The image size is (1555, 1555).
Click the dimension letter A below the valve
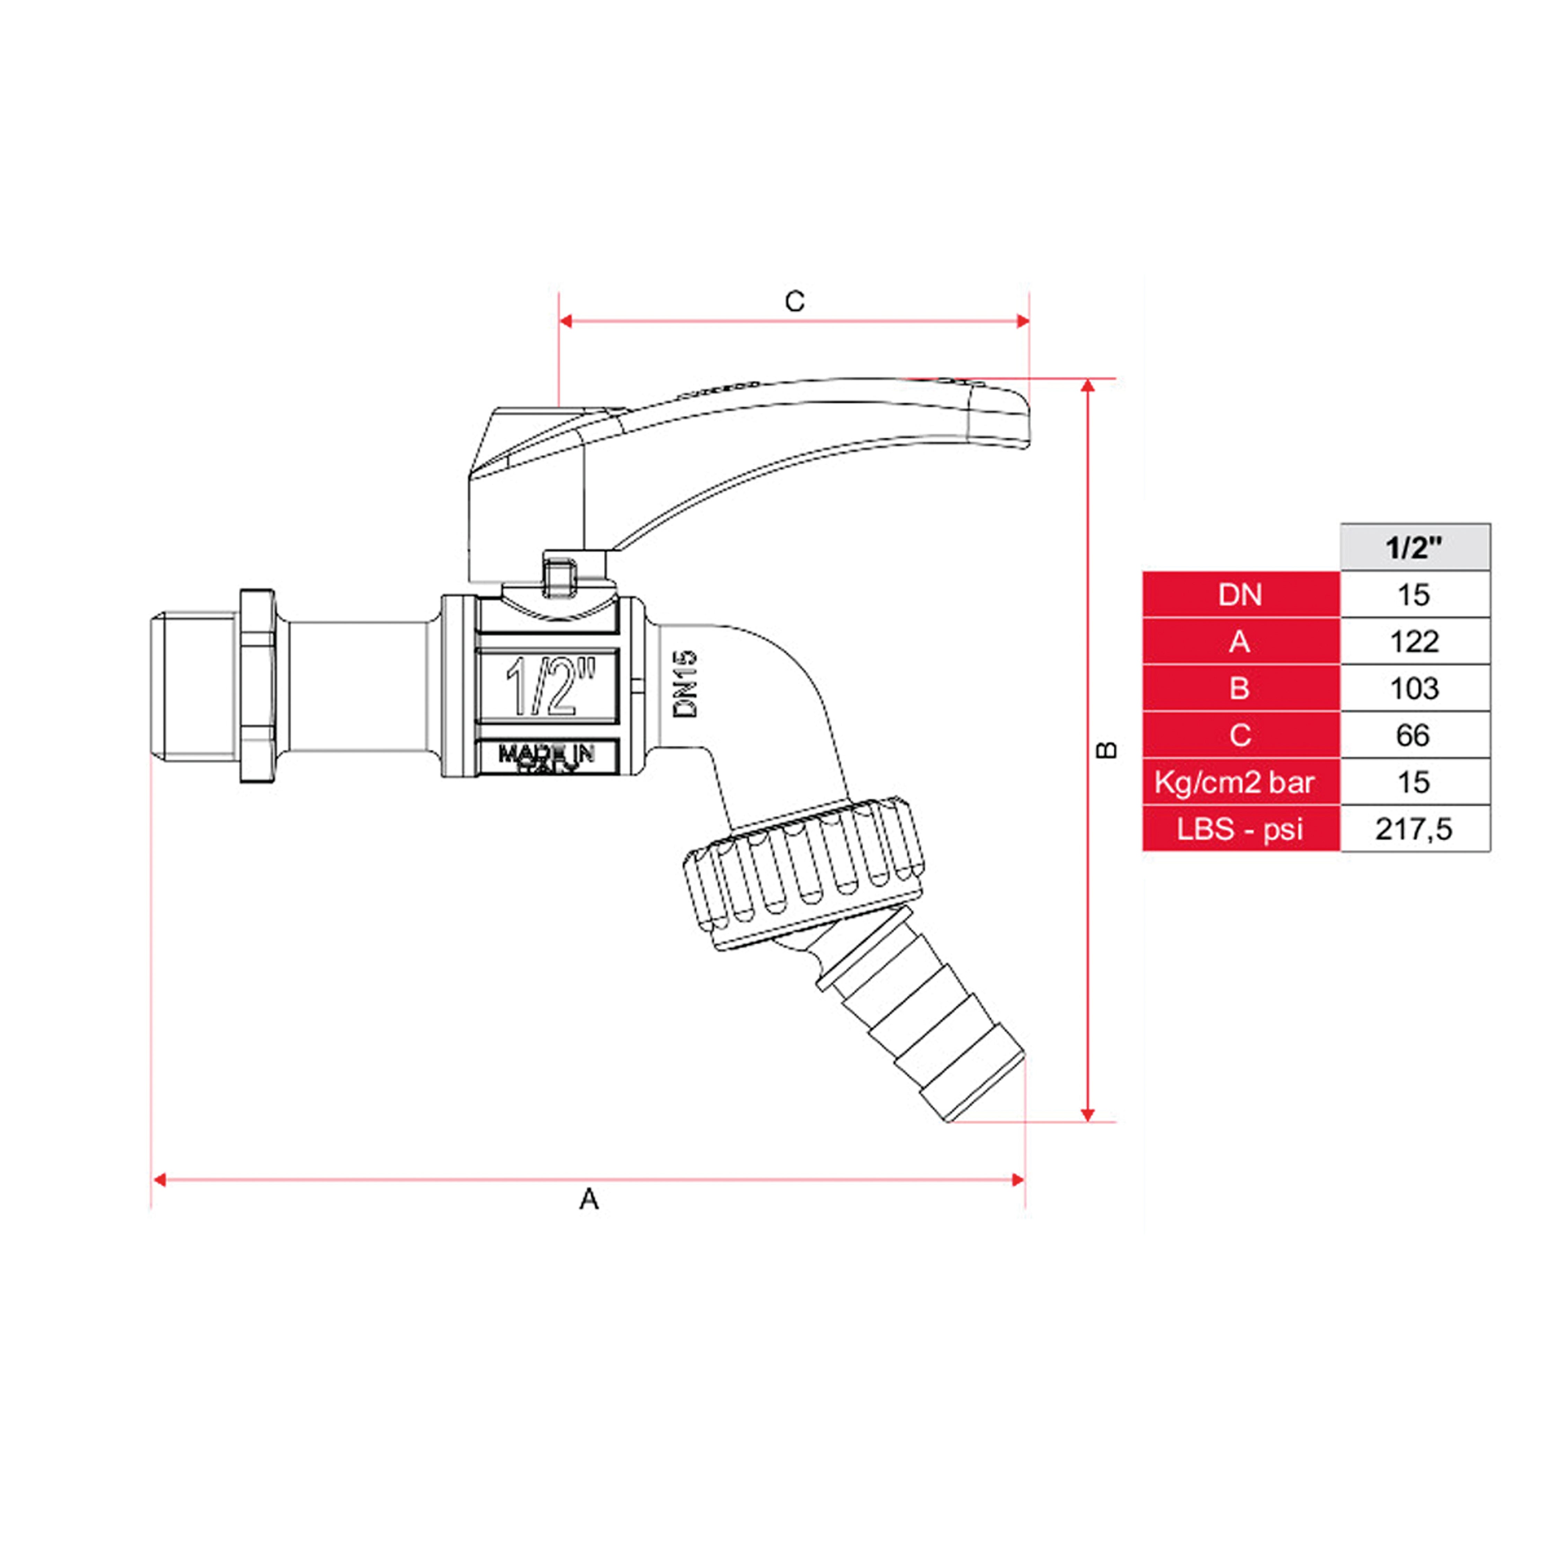[x=589, y=1199]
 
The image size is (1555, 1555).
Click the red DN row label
[x=1240, y=595]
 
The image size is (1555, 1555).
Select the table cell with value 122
[x=1414, y=641]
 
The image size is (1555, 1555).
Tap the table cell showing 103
[x=1414, y=688]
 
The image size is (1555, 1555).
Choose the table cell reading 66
[x=1414, y=735]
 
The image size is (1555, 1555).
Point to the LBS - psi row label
[x=1240, y=828]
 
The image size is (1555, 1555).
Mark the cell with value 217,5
[x=1414, y=828]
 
